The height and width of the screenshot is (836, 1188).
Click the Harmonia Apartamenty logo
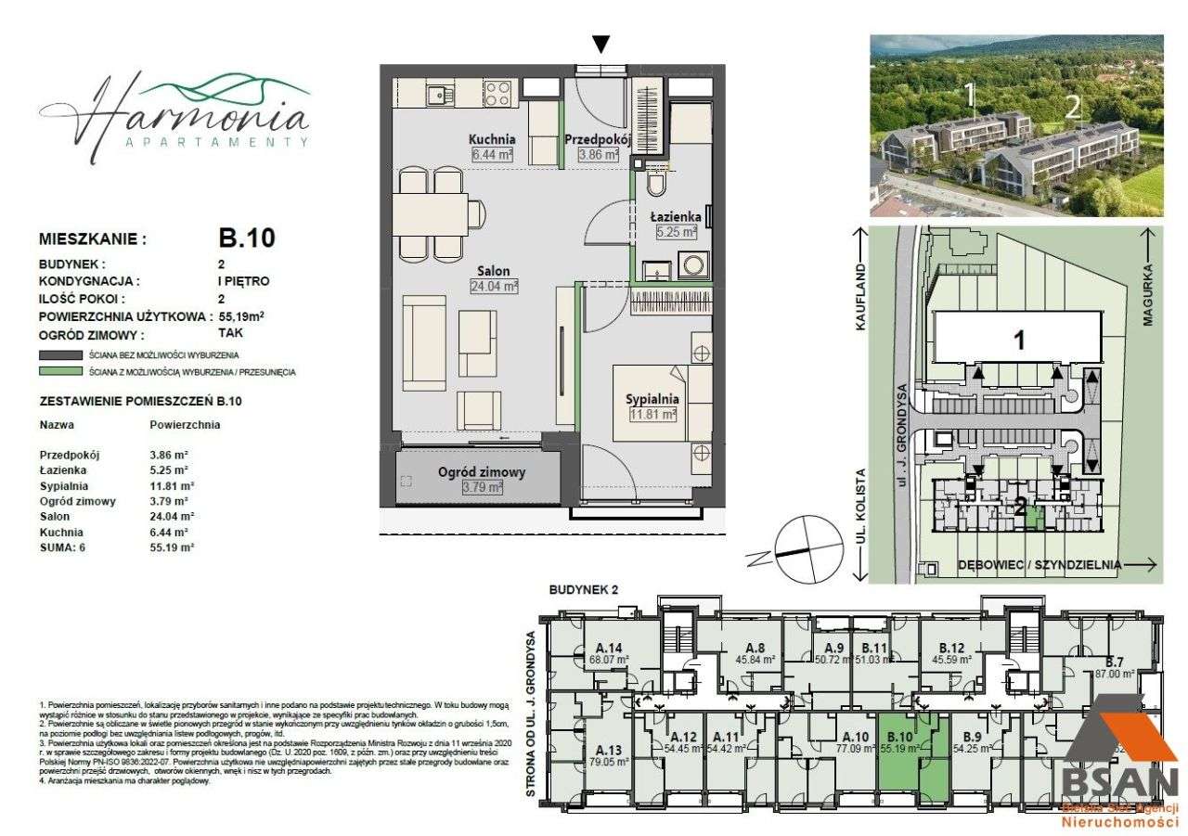point(174,113)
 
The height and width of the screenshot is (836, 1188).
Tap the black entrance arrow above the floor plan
point(601,45)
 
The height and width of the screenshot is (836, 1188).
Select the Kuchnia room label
point(492,140)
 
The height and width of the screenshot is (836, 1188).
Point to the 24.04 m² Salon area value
point(496,287)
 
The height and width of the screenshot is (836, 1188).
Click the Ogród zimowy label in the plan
point(482,472)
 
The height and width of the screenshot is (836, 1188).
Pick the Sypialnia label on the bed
point(652,399)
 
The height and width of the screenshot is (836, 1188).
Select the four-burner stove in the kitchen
point(497,93)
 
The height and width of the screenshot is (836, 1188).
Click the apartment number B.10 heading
point(240,238)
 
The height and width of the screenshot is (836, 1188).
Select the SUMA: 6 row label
point(62,548)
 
